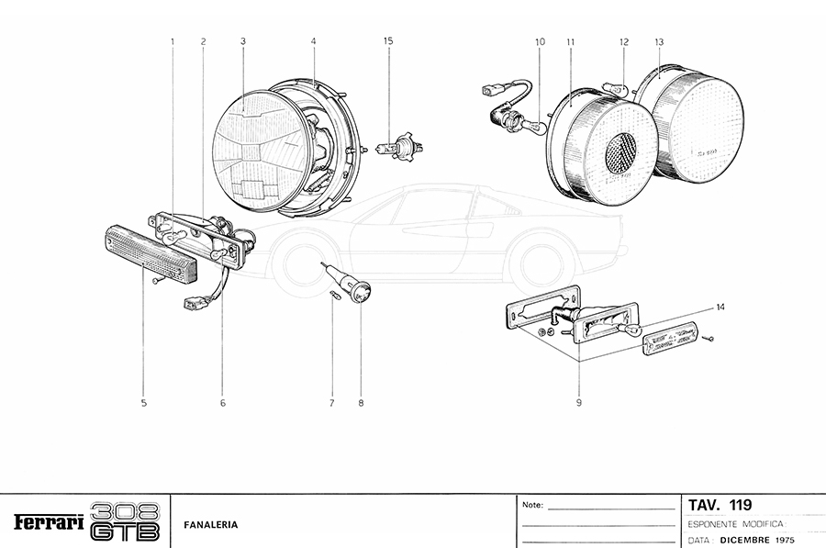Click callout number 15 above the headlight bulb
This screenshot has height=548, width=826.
tap(388, 41)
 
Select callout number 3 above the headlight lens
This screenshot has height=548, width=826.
tap(242, 41)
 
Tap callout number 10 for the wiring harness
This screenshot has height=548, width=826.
tap(539, 41)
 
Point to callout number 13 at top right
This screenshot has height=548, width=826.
tap(659, 41)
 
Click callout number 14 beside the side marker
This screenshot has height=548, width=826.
tap(720, 307)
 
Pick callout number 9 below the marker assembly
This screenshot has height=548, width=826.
tap(579, 401)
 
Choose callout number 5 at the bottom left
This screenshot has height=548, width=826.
tap(144, 401)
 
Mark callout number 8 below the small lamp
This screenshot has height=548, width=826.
tap(361, 401)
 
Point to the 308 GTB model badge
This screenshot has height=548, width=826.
tap(126, 521)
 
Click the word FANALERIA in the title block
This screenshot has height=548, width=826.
tap(211, 525)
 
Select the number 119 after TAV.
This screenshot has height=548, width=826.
tap(739, 505)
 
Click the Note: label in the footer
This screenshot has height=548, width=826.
tap(532, 505)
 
